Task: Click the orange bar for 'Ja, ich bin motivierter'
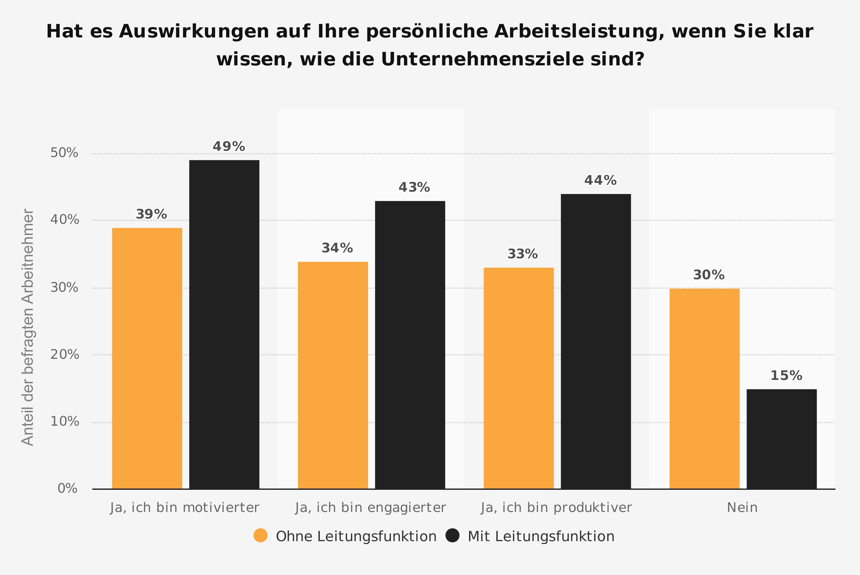(147, 358)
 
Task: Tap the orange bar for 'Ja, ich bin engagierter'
(333, 375)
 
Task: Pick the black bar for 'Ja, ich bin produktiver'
(596, 341)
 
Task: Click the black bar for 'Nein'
(782, 439)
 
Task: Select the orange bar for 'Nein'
(704, 389)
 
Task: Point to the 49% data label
(229, 147)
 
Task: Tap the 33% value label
(522, 254)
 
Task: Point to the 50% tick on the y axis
(64, 153)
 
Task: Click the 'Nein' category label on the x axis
(742, 508)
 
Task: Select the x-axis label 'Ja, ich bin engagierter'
(370, 508)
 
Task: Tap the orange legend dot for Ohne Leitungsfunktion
(261, 535)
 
